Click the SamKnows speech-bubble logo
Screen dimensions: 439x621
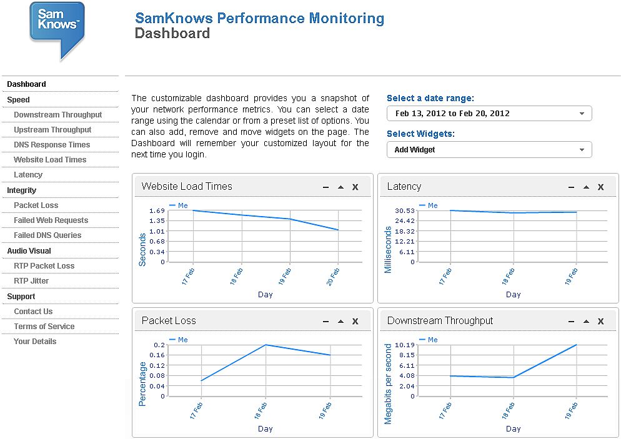(x=57, y=29)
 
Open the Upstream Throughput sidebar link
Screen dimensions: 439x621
(x=52, y=130)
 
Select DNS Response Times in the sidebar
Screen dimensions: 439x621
(x=52, y=145)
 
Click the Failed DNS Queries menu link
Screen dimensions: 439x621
(x=47, y=235)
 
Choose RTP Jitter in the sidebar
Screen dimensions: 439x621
(x=31, y=281)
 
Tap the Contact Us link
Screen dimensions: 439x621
(x=33, y=312)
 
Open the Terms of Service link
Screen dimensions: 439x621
(x=44, y=327)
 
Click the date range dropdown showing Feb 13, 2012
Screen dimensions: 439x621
(x=489, y=114)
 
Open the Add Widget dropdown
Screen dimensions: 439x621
(x=489, y=150)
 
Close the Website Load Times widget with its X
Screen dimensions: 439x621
(x=355, y=187)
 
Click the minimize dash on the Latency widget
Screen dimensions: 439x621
(x=571, y=187)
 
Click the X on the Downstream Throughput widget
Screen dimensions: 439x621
(x=601, y=321)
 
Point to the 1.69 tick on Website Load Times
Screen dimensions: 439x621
(x=157, y=210)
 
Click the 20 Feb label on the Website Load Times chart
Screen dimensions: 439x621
(x=333, y=277)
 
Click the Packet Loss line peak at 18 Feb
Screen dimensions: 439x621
(x=266, y=345)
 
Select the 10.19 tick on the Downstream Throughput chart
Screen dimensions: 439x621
(x=405, y=345)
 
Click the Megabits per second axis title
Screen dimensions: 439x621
(x=388, y=383)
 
